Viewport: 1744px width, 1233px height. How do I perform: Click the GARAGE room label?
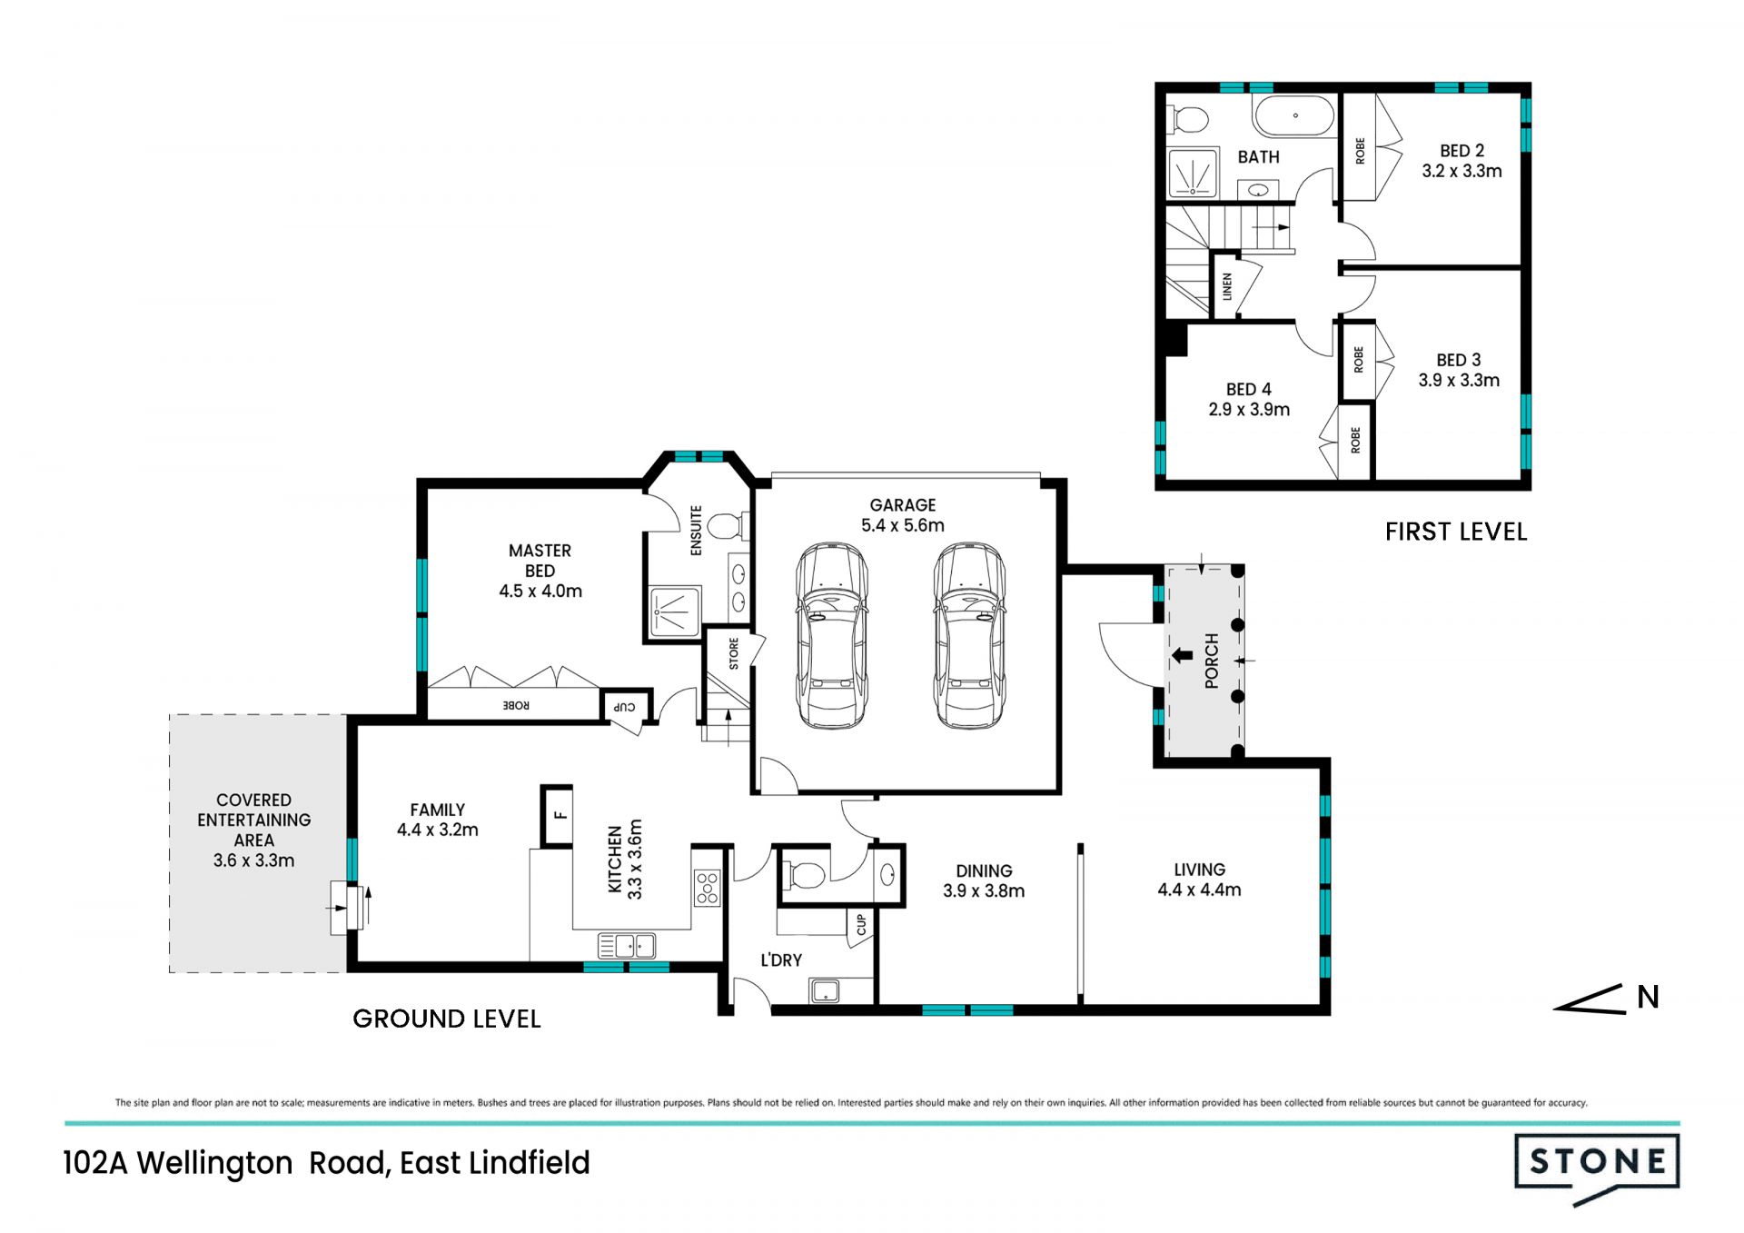(902, 505)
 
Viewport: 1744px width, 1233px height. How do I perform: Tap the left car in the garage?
(831, 636)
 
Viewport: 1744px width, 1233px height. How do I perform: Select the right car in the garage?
(969, 636)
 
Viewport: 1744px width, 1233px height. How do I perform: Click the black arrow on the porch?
(1182, 655)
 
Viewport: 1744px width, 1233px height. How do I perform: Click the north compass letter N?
(1648, 997)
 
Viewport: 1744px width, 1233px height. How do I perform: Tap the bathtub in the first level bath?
(1293, 116)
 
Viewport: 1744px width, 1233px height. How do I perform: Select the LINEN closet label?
(1226, 287)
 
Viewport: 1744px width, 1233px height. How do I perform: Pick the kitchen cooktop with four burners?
(707, 888)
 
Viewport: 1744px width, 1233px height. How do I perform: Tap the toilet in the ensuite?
(728, 525)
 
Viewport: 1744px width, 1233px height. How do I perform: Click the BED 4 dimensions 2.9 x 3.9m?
(1249, 410)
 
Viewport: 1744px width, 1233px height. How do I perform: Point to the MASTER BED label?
(540, 561)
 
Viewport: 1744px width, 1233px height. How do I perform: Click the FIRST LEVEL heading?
(1456, 532)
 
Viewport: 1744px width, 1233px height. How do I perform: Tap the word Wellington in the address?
(215, 1163)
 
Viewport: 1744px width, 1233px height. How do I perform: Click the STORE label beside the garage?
(733, 654)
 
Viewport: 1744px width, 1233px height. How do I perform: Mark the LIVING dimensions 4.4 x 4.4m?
(1199, 890)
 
